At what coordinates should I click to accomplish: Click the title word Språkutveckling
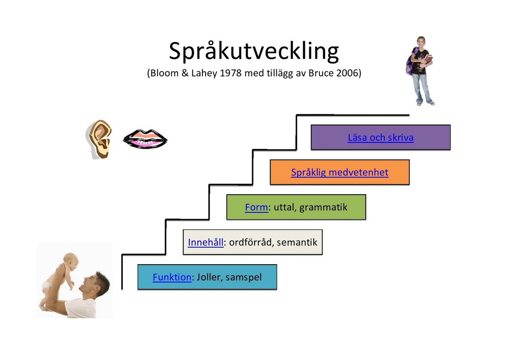(254, 52)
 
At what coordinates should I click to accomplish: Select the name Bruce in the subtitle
(321, 73)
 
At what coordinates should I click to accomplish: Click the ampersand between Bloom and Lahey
(185, 73)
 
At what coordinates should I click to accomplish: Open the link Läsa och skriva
(381, 138)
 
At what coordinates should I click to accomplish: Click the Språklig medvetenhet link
(340, 173)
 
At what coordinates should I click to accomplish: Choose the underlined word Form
(256, 207)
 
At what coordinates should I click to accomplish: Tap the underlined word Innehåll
(206, 242)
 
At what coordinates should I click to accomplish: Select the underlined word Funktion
(172, 277)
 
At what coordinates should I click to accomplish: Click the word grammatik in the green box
(323, 208)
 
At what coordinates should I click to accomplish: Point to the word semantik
(297, 243)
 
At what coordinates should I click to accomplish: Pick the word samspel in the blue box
(244, 278)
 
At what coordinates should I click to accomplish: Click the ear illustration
(99, 139)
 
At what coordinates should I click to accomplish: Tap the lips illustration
(145, 139)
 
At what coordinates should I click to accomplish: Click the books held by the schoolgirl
(427, 60)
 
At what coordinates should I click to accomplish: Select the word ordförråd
(250, 243)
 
